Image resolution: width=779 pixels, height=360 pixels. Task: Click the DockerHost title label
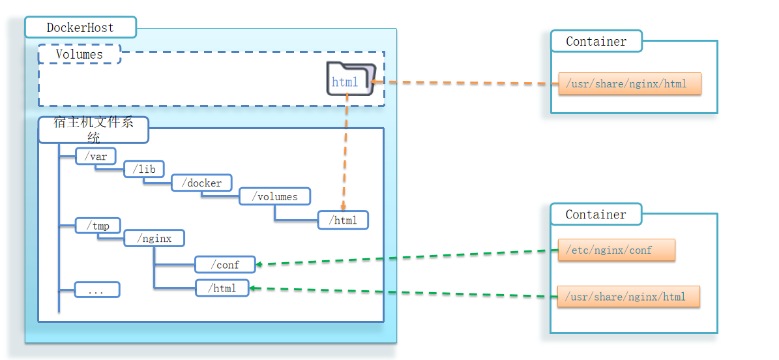click(80, 27)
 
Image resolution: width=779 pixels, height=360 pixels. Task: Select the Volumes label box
click(80, 54)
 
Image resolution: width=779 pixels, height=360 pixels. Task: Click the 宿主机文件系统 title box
click(93, 129)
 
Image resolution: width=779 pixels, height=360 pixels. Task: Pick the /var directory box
click(95, 156)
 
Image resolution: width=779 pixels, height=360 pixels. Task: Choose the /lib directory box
click(144, 169)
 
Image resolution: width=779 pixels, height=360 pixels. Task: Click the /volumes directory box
click(274, 196)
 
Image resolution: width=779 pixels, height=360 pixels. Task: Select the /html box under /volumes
click(343, 220)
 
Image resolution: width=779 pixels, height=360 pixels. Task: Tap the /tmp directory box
click(98, 226)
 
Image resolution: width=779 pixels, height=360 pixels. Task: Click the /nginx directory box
click(154, 238)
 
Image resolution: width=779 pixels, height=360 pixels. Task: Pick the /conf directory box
click(225, 264)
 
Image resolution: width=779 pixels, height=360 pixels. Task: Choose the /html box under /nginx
click(222, 288)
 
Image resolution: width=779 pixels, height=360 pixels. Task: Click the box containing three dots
click(96, 290)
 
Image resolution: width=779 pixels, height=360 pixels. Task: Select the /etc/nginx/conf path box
click(616, 250)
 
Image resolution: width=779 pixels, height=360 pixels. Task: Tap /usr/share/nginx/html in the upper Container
click(629, 83)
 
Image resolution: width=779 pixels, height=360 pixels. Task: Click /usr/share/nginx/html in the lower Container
click(628, 297)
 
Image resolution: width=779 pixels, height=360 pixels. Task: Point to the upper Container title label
click(596, 41)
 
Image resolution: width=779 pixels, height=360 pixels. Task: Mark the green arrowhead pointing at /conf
click(259, 264)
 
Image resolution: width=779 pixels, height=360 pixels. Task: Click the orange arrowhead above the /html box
click(343, 207)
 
